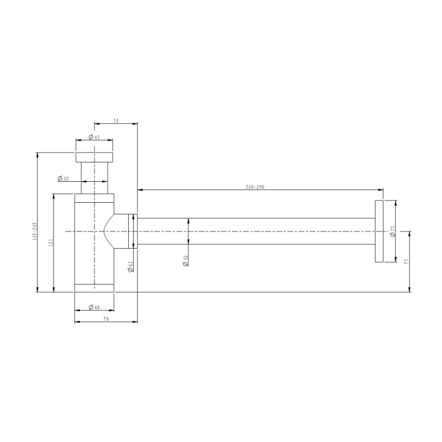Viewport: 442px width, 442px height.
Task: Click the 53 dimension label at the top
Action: [116, 120]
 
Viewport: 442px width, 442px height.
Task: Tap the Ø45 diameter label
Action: [94, 137]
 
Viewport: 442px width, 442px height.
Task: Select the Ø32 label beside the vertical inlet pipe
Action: [63, 178]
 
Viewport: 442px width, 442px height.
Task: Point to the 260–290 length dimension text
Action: [255, 187]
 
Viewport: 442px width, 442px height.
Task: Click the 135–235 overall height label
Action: [35, 231]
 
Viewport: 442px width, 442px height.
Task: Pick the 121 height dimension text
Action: [51, 243]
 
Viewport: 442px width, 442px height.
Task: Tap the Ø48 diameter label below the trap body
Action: [94, 307]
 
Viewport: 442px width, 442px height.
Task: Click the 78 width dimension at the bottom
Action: [106, 319]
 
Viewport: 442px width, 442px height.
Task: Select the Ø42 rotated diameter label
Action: [130, 267]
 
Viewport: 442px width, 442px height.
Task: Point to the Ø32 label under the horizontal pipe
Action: [185, 261]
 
